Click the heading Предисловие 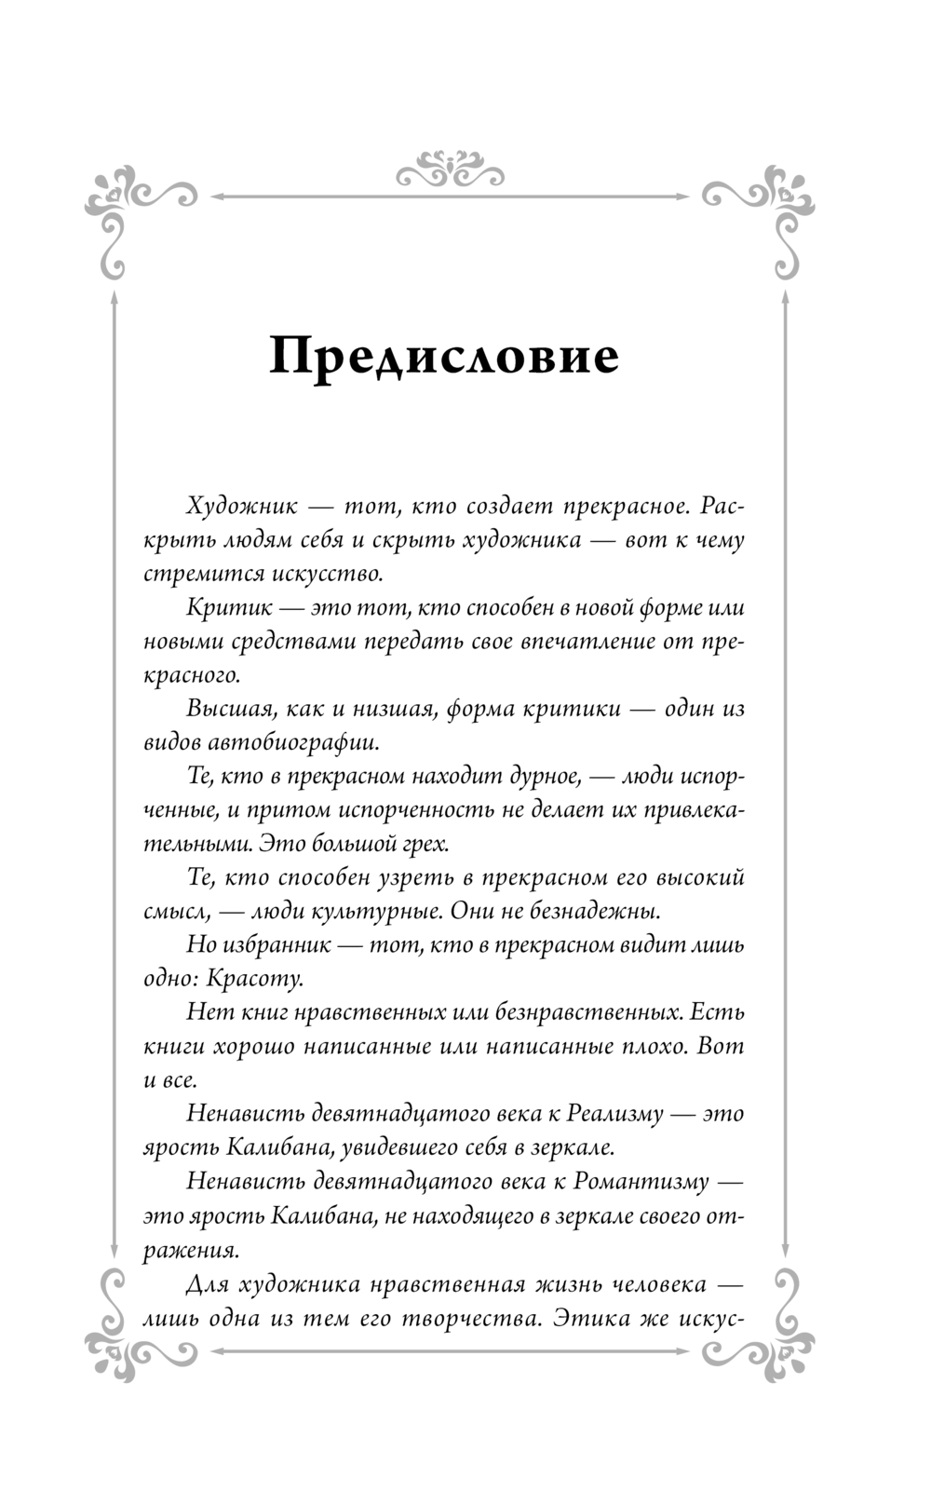(443, 357)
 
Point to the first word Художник (241, 508)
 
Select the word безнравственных (587, 1012)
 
